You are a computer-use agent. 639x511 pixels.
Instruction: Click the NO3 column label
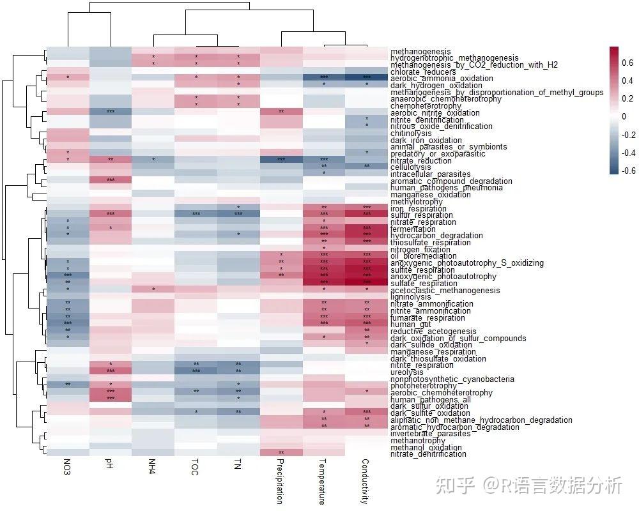tap(67, 467)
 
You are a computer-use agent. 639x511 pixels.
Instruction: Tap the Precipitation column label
tap(280, 481)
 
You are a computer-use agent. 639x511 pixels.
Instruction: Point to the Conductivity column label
tap(365, 481)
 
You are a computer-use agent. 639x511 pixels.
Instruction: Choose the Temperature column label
tap(322, 481)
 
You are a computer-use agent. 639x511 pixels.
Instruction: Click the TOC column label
tap(195, 467)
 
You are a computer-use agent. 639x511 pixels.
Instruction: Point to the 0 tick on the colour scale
tap(625, 117)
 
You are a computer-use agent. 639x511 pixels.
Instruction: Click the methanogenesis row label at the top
tap(420, 52)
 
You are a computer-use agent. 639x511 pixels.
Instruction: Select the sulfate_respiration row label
tap(424, 284)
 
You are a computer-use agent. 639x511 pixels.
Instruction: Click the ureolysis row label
tap(406, 372)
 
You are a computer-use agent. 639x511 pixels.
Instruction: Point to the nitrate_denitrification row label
tap(428, 454)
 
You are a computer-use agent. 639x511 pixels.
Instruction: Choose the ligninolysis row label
tap(411, 297)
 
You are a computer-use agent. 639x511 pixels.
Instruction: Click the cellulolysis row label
tap(411, 167)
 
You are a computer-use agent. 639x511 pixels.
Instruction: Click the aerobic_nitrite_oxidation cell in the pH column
tap(110, 112)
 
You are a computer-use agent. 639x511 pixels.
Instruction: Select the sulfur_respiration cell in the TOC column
tap(196, 214)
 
